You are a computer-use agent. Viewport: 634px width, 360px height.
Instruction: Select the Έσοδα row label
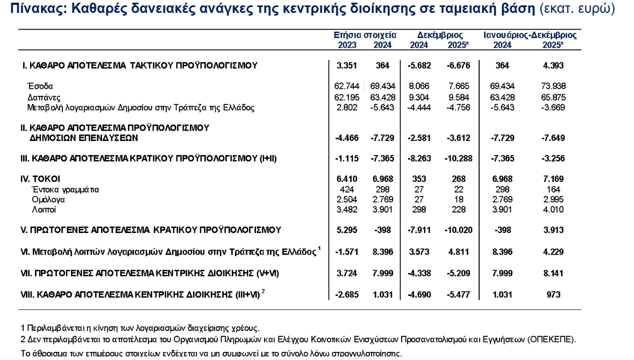point(40,86)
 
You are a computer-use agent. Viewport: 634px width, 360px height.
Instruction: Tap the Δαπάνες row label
point(44,97)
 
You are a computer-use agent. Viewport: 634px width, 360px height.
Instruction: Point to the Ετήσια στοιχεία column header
point(365,35)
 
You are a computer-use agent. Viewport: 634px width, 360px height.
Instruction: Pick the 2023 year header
point(347,45)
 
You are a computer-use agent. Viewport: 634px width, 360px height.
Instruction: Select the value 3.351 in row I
point(347,66)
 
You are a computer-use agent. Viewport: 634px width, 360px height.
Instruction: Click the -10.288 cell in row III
point(459,158)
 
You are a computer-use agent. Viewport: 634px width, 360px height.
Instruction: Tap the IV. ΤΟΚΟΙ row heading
point(40,179)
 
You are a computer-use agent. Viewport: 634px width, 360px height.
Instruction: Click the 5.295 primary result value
point(347,230)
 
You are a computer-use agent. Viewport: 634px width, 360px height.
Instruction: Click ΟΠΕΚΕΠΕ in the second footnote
point(551,340)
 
